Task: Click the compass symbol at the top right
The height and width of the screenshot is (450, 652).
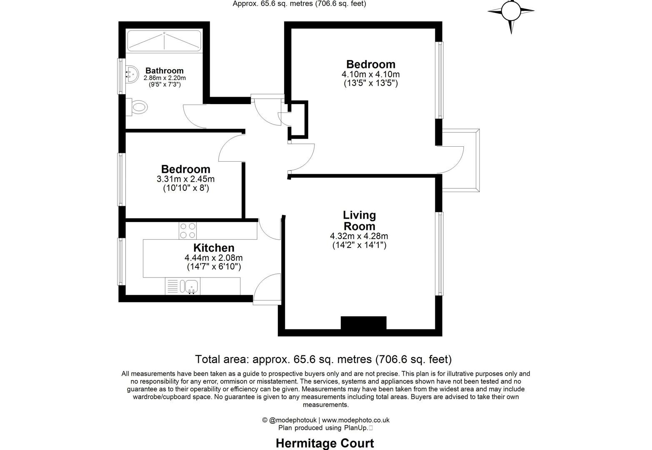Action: coord(511,12)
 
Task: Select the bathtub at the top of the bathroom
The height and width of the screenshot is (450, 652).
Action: coord(164,41)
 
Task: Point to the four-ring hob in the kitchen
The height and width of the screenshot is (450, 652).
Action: coord(188,230)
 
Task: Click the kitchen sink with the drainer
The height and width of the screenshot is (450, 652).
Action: coord(191,286)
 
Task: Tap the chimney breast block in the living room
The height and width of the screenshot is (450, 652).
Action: coord(363,323)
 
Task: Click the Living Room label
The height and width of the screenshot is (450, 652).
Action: coord(359,220)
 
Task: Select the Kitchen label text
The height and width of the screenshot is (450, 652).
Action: coord(214,248)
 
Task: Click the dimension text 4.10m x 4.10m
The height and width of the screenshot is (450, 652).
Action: coord(370,74)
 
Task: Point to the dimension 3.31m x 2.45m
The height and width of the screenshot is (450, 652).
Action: coord(185,179)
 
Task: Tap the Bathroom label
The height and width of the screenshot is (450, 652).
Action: coord(164,70)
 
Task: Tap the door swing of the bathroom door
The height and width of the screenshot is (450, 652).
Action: coord(193,117)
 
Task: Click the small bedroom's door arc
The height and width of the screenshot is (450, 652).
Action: coord(230,148)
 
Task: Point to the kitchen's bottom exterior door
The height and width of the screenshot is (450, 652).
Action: coord(267,287)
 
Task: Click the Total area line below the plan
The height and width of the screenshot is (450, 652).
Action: coord(323,359)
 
